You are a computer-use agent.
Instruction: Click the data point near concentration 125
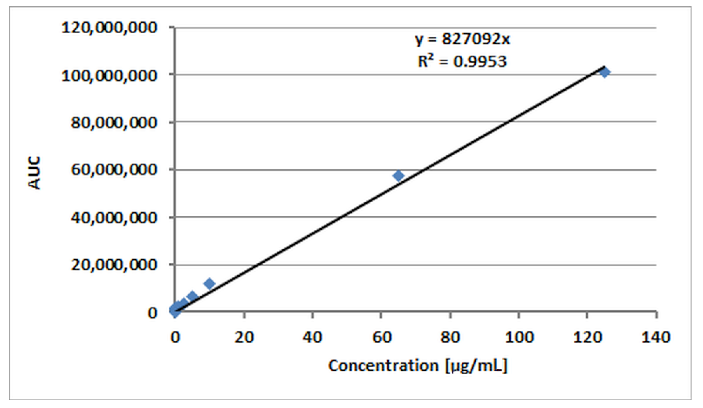[605, 73]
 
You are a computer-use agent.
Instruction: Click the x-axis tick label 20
[244, 337]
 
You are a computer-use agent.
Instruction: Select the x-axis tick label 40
[312, 337]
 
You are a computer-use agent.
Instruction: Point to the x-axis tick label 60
[381, 337]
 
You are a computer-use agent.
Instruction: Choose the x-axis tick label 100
[519, 337]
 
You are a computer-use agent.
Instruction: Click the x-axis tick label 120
[587, 337]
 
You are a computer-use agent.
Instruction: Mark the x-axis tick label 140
[656, 337]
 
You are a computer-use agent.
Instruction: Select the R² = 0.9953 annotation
[462, 61]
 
